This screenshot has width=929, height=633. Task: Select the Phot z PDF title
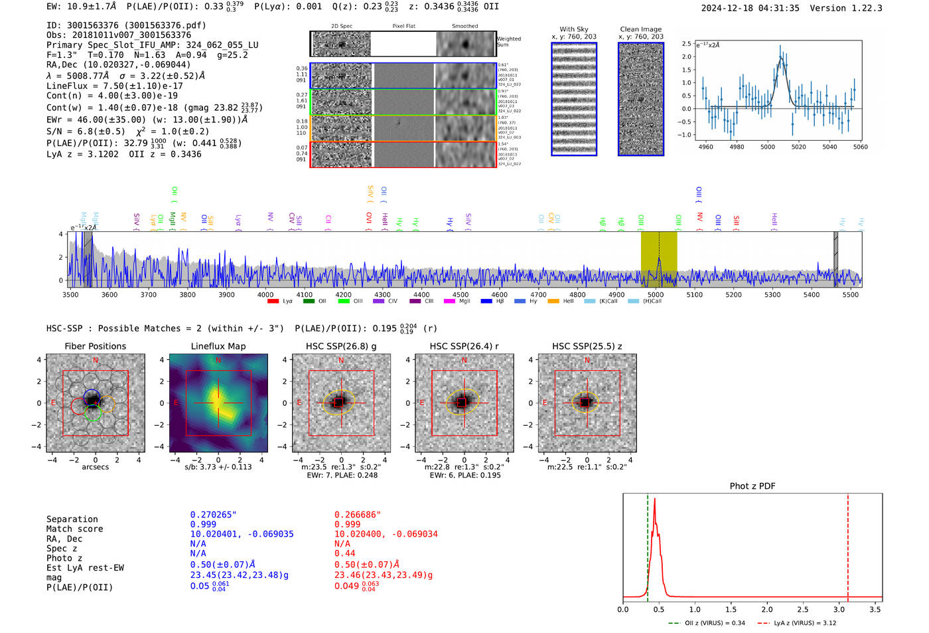(x=752, y=486)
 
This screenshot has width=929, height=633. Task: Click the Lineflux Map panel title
(x=218, y=346)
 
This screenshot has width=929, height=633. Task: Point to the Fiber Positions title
(x=95, y=346)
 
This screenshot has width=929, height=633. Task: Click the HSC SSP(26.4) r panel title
(x=464, y=346)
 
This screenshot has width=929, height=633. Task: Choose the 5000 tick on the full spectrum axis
(x=655, y=294)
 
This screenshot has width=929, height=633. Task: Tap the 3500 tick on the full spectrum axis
(x=70, y=294)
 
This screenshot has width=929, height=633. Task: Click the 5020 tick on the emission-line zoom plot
(x=798, y=147)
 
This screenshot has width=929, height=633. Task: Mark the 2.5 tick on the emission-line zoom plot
(x=686, y=44)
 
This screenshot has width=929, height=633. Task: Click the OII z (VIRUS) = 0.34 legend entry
(x=707, y=623)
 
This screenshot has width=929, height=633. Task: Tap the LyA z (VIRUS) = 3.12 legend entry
(x=798, y=623)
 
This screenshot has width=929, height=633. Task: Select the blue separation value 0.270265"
(x=214, y=515)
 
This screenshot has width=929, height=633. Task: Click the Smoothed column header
(x=464, y=27)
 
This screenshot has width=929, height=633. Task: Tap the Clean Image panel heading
(x=640, y=29)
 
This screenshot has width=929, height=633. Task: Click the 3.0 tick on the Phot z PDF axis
(x=839, y=609)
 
